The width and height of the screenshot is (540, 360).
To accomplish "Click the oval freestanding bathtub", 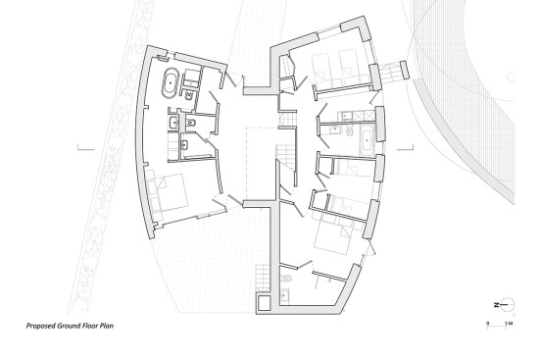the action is tap(171, 82).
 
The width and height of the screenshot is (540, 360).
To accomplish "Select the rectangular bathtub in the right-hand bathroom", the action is tap(368, 140).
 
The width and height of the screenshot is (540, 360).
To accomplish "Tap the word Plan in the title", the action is tap(107, 326).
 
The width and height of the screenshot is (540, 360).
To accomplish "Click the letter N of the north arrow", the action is tap(496, 305).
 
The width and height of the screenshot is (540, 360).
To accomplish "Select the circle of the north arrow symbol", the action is tap(508, 305).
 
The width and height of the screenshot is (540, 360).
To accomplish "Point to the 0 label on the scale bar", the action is tap(487, 324).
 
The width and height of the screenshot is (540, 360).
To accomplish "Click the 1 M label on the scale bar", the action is tap(509, 324).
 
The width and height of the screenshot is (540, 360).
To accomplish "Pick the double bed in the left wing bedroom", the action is tap(168, 192).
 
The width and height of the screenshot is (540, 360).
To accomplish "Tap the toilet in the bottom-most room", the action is tap(286, 278).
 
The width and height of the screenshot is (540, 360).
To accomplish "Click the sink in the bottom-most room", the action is tap(284, 295).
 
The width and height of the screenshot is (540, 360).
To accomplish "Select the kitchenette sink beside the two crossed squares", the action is tap(346, 116).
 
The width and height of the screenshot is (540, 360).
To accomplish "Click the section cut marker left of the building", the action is tap(85, 148).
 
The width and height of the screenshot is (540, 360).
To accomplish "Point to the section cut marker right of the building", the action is tap(405, 147).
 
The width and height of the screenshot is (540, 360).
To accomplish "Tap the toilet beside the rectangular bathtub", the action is tap(350, 131).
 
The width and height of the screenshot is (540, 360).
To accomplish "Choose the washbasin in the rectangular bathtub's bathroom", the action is tap(334, 129).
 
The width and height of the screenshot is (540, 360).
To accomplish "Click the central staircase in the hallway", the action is tap(285, 157).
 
